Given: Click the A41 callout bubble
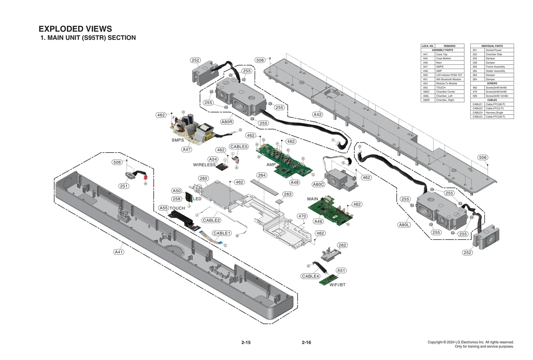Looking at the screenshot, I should point(119,252).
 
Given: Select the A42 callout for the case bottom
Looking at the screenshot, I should point(317,114).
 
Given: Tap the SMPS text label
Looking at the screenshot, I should point(178,140).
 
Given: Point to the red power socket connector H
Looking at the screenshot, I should point(145,177).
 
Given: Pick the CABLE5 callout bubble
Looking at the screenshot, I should point(239,147).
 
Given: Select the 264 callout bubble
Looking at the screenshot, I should point(262,175).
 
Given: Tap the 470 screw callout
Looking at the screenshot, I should point(302,216).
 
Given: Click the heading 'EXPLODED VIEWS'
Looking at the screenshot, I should point(75,29).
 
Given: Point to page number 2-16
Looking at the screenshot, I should point(306,342).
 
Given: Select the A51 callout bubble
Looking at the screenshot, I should point(341,270).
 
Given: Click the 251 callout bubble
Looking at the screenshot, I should point(124,186).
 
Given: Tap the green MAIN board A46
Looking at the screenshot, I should point(330,210).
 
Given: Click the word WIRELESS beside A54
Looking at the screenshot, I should point(204,165).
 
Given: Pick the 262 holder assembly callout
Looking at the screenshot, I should point(342,245).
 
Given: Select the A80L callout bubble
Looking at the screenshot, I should point(404,225).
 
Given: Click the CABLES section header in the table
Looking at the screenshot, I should point(492,100).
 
